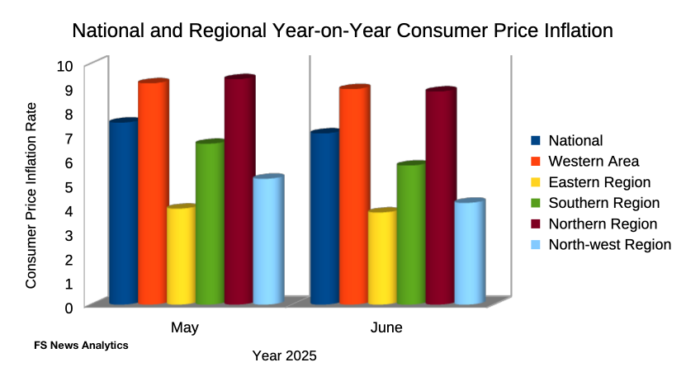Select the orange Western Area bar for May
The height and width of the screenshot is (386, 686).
pos(152,193)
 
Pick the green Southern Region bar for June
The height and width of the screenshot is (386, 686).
pos(410,234)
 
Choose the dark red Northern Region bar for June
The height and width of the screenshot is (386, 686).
pos(440,197)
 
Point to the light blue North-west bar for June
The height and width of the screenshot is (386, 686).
pos(469,252)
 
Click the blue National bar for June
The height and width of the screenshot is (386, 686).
pos(324,218)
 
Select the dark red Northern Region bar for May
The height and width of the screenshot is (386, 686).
pos(239,191)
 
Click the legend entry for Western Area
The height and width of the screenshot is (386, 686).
pos(594,161)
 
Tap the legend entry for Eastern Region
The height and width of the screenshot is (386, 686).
pos(599,182)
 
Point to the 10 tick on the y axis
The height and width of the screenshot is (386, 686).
pos(65,66)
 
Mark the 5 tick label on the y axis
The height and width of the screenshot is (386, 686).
pos(69,186)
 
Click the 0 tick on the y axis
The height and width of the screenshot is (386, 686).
pos(69,308)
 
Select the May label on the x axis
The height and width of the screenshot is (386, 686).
pos(185,328)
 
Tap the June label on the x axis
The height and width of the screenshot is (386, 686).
pos(386,328)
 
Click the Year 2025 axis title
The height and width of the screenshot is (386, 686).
pos(285,356)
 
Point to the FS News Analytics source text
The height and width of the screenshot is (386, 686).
pos(82,346)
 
